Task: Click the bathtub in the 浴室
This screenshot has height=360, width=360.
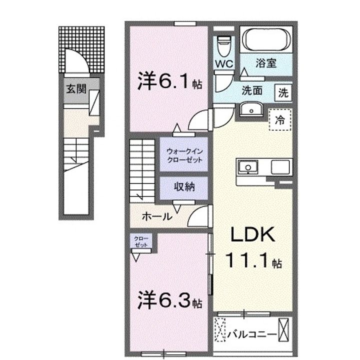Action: pos(266,39)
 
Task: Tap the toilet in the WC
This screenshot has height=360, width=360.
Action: pos(224,45)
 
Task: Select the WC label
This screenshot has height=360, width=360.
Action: pos(224,63)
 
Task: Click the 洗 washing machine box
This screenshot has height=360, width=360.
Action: pos(283,93)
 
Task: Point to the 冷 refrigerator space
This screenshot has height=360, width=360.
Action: pos(280,119)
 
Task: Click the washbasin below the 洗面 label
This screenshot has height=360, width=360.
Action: pos(251,109)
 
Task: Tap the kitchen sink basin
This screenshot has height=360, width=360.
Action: pos(248,167)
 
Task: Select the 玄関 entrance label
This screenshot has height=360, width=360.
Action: pos(76,89)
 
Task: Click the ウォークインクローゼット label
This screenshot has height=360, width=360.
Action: pos(184,155)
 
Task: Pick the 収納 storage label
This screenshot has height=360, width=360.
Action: pos(184,186)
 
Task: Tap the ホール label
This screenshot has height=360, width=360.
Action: pos(157,216)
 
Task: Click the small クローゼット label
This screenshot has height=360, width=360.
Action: pos(141,242)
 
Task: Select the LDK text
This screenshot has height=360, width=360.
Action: pos(253,234)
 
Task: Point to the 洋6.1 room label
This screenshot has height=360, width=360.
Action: pos(169,81)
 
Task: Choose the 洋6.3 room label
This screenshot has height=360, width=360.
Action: pos(169,300)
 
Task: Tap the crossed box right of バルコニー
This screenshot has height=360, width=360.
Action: pos(283,329)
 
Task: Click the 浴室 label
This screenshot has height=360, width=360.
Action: pos(266,63)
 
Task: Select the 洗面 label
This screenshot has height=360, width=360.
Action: pos(252,90)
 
